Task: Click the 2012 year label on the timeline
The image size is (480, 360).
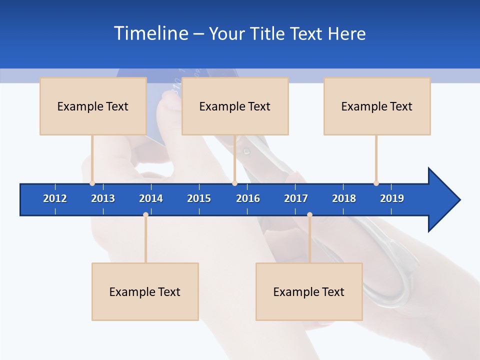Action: pos(55,198)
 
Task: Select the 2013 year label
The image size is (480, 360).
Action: pos(103,198)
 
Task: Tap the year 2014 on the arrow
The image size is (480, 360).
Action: pos(151,198)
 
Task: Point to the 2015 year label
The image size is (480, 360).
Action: pos(199,198)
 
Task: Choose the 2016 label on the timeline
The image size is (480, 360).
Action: pos(248,198)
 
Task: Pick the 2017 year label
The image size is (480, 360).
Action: pos(296,198)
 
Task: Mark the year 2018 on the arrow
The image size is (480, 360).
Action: pos(344,198)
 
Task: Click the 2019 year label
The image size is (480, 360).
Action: pos(392,198)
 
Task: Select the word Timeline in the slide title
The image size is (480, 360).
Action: pos(150,33)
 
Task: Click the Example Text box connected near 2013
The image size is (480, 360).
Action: pos(93,106)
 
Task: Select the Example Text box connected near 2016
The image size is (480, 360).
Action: pos(235,106)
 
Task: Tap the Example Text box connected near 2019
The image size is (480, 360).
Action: pos(377,106)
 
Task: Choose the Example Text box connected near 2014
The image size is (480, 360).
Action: pos(145,291)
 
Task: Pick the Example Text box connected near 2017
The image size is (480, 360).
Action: pos(309,291)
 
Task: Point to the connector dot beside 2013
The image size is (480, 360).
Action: pos(92,183)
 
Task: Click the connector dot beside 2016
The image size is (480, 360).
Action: pos(234,183)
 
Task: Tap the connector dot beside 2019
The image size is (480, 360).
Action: pos(376,183)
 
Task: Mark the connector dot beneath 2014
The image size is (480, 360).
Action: pos(145,214)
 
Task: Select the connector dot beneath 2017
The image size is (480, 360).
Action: pos(309,214)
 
